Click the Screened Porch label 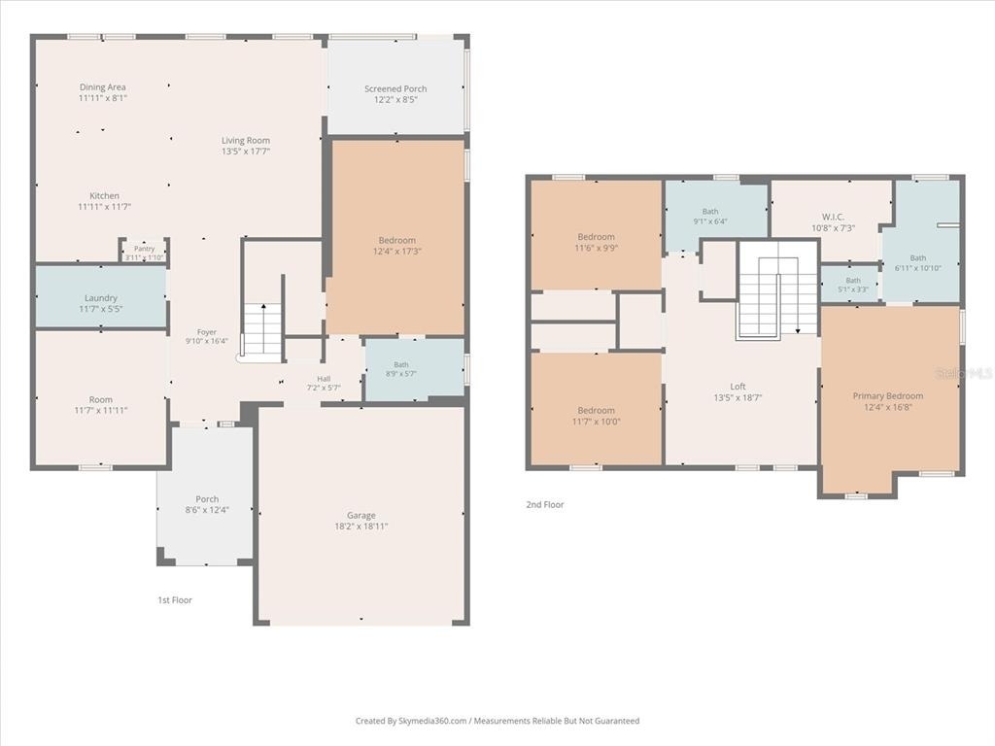tap(395, 88)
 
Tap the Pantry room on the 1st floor tap(144, 252)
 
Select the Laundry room tap(100, 297)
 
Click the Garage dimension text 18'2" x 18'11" tap(361, 526)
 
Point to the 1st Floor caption tap(175, 600)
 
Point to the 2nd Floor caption tap(544, 505)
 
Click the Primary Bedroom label tap(888, 396)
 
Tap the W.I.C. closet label tap(833, 217)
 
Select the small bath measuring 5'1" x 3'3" tap(852, 284)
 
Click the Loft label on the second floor tap(738, 387)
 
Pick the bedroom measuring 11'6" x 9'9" tap(596, 235)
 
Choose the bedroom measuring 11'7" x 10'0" tap(596, 409)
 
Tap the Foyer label tap(207, 332)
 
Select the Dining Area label tap(103, 86)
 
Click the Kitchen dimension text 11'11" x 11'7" tap(105, 206)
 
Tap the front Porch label tap(207, 499)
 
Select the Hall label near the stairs tap(324, 379)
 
